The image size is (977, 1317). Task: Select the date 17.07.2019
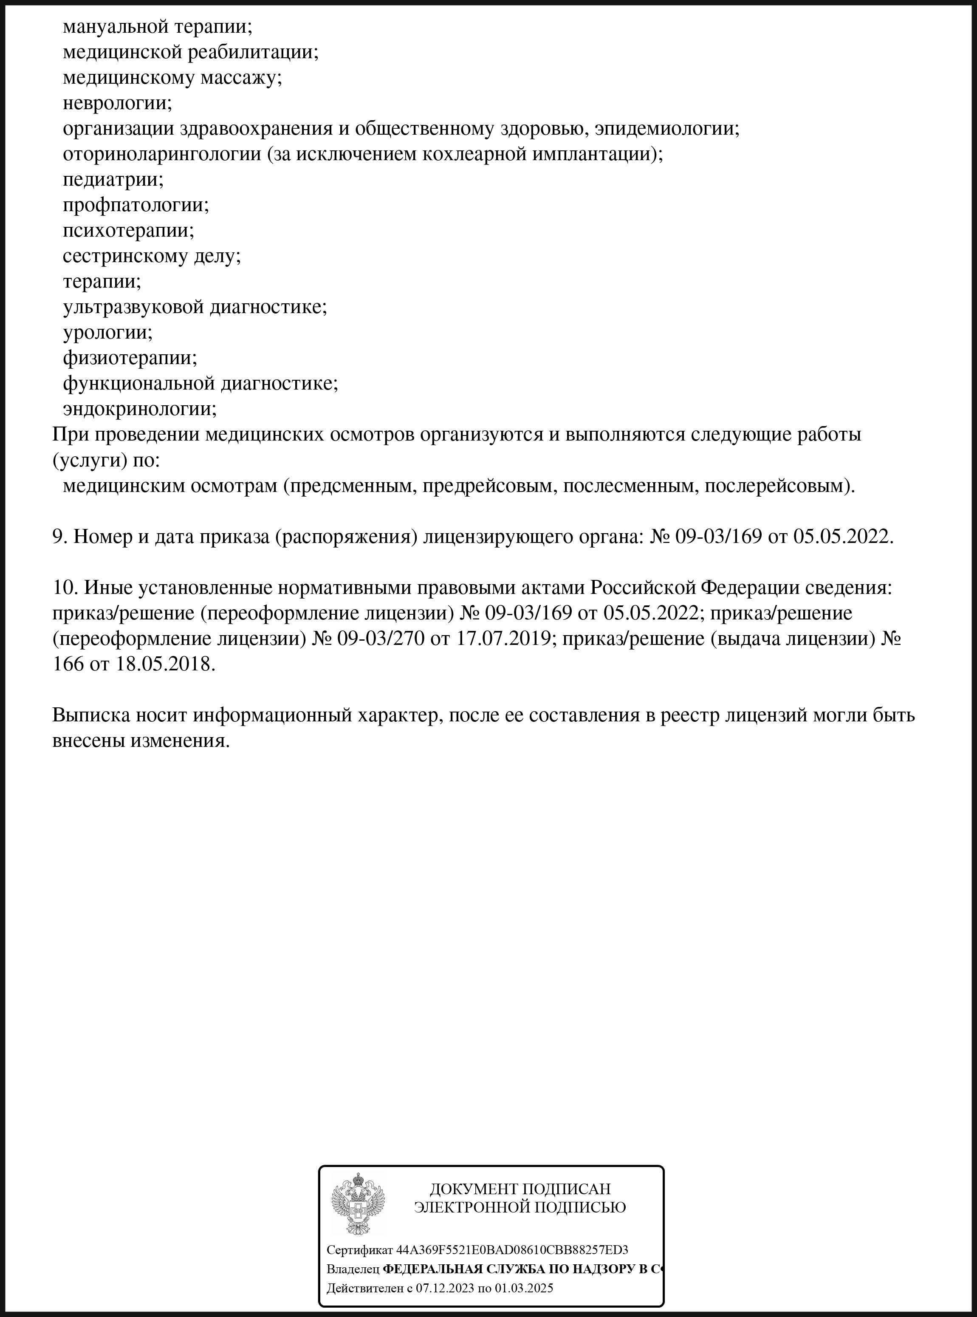coord(503,639)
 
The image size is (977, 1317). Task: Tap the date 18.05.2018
coord(163,664)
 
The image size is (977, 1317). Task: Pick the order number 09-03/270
coord(380,639)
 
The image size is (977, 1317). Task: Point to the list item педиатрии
coord(113,179)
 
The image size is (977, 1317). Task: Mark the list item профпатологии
coord(136,205)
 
